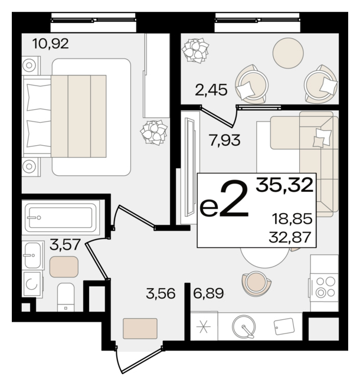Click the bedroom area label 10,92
50,44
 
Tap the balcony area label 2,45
211,90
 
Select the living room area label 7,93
225,140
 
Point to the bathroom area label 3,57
65,244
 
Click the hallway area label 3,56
161,293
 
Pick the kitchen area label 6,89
208,293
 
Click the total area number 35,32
284,185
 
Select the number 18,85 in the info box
292,218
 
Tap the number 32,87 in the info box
290,237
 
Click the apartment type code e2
224,199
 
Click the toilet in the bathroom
66,297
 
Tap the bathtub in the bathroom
61,217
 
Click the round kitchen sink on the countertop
244,326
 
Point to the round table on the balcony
288,53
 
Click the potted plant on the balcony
195,50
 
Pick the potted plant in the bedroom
154,132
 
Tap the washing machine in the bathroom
32,284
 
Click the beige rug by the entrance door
140,328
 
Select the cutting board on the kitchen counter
284,326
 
